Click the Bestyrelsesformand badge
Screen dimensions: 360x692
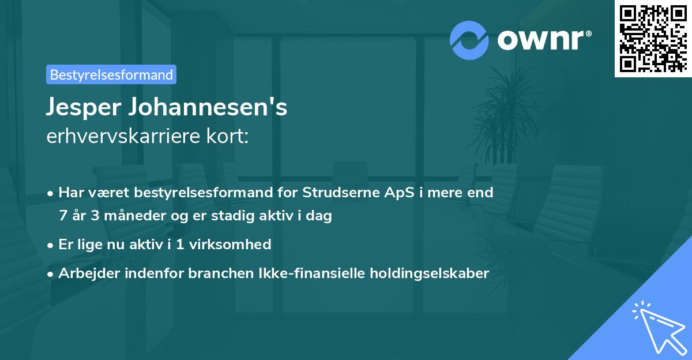(111, 74)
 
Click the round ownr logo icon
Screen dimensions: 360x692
(469, 40)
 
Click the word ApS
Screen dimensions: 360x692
(397, 193)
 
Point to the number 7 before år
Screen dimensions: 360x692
(62, 216)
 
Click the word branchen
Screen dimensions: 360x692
(217, 273)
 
